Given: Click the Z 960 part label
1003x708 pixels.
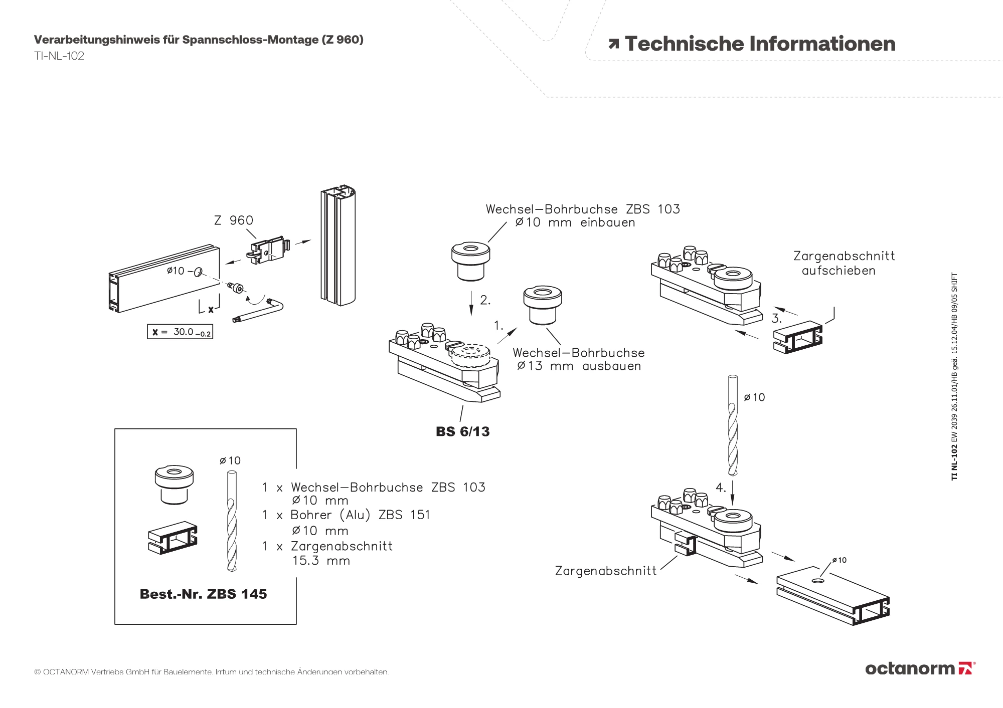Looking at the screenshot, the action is pos(233,220).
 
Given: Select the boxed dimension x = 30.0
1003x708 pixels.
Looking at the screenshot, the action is pos(180,332).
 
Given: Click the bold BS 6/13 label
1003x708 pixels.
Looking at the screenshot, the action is pos(462,431).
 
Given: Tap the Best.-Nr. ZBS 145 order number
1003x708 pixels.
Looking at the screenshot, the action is pos(203,594).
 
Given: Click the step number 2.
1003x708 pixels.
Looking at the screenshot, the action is pos(485,300).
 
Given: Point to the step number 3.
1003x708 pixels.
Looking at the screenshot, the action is pos(776,318).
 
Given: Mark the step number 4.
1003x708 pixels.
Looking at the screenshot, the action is pos(721,488).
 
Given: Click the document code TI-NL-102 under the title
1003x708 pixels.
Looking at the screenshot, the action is pos(59,56).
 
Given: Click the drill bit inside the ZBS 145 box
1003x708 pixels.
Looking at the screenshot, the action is pos(231,522).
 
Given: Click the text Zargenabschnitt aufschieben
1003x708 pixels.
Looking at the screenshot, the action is pos(844,264).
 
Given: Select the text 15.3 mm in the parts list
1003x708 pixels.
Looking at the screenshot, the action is pos(321,561).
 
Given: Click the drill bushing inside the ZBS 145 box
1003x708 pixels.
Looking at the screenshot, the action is pos(174,485).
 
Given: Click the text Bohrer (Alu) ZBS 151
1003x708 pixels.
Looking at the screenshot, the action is pos(360,515).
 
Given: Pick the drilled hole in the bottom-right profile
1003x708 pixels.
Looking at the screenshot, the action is pos(818,581).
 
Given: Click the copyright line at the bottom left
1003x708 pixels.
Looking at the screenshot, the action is pos(211,672).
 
